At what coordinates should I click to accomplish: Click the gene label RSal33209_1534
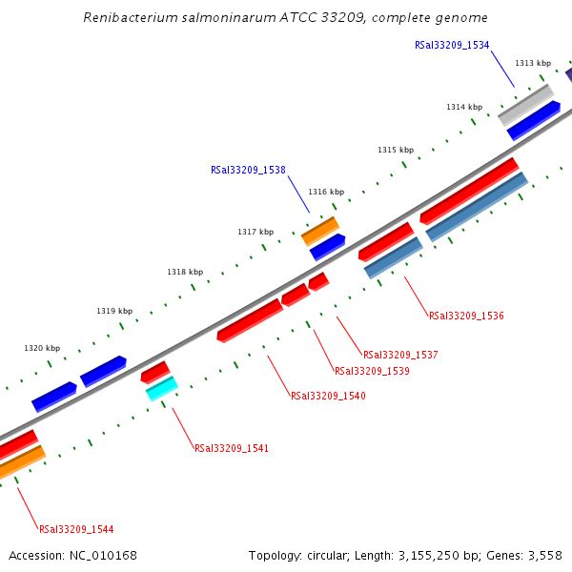(x=452, y=45)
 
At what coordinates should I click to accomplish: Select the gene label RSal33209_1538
(x=248, y=171)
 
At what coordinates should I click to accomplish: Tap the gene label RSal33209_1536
(x=466, y=316)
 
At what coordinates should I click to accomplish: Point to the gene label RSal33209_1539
(x=372, y=371)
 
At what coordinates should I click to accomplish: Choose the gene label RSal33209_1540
(x=328, y=396)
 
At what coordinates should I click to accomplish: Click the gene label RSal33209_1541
(x=232, y=448)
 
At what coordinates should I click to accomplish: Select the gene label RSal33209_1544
(x=76, y=529)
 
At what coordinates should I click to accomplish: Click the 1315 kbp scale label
(x=396, y=150)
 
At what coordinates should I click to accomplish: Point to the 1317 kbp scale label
(x=255, y=232)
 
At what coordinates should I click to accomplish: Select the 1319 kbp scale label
(x=114, y=312)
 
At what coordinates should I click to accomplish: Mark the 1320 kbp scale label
(x=42, y=348)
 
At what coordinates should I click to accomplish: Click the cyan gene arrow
(x=162, y=388)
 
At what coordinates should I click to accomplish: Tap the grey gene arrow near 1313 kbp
(x=525, y=105)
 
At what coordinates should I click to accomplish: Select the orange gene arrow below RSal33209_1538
(x=320, y=231)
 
